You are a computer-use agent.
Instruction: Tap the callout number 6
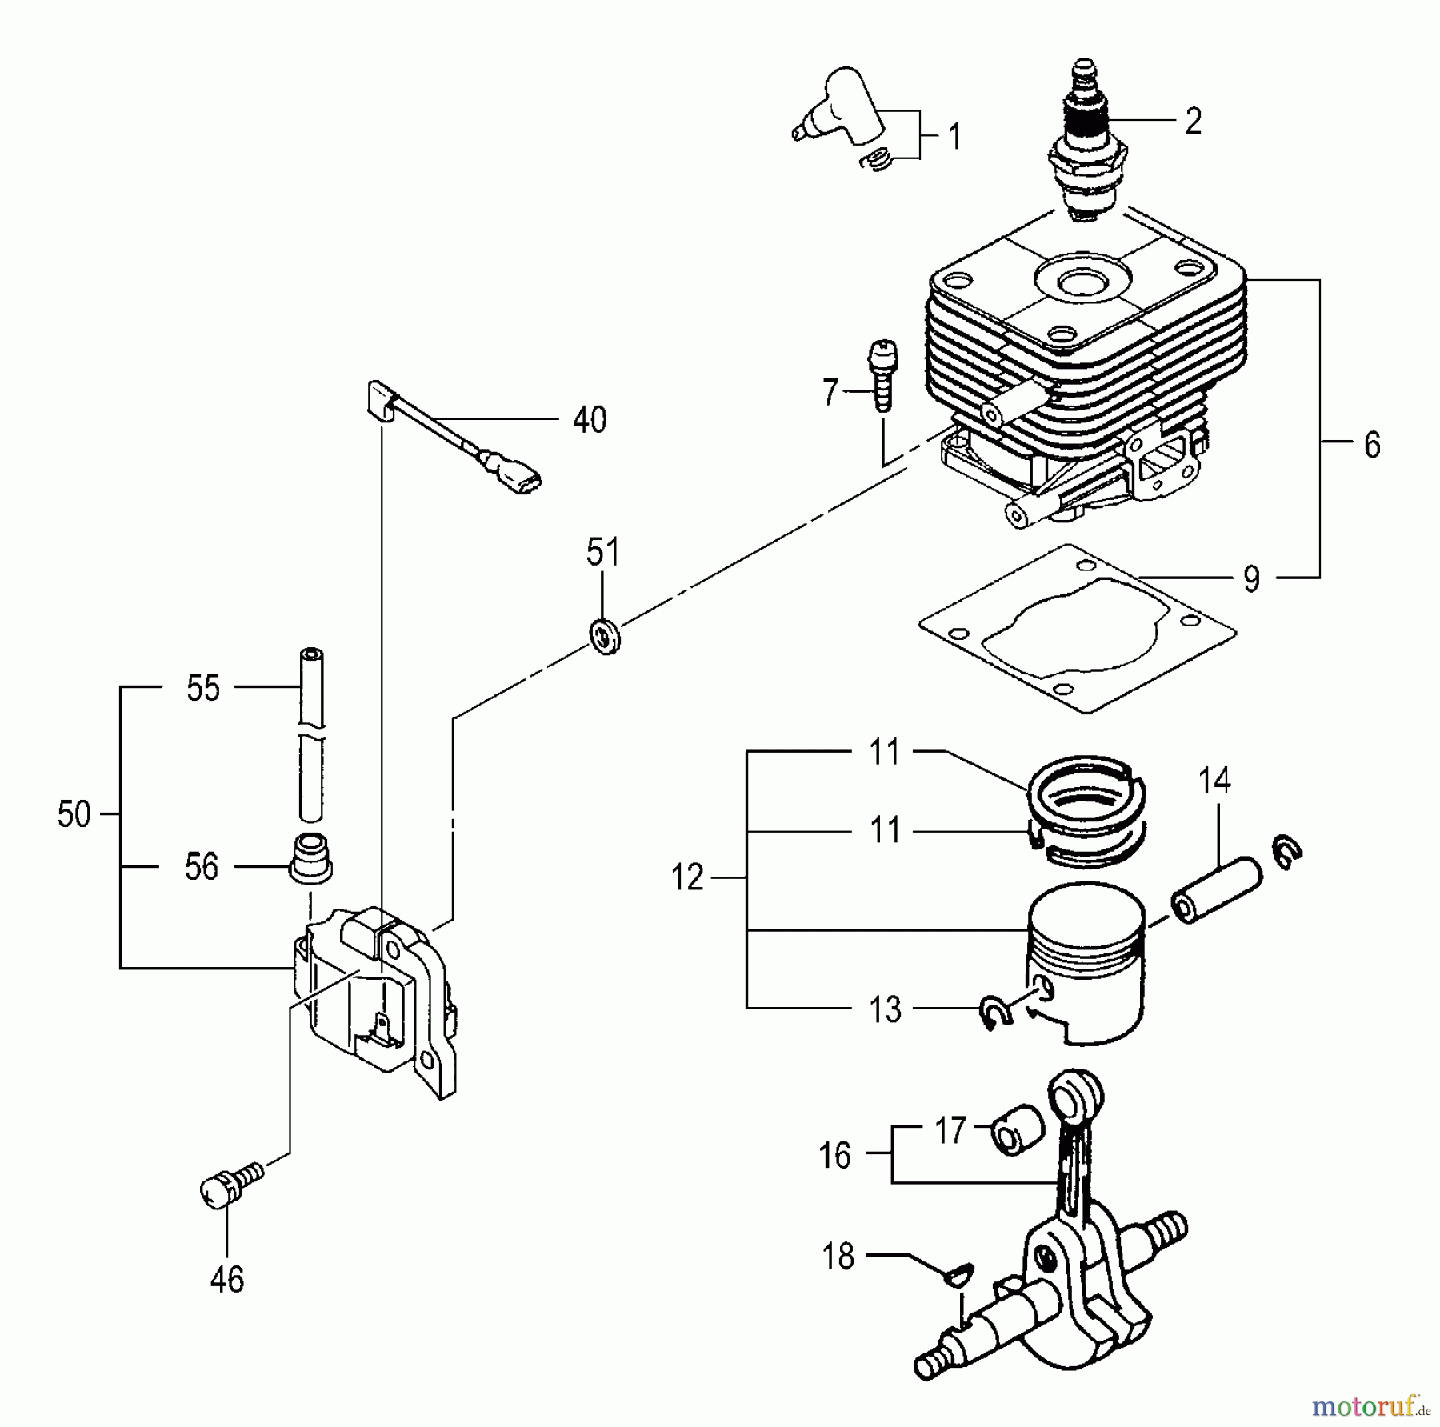click(x=1372, y=445)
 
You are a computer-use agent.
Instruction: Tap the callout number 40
click(x=590, y=420)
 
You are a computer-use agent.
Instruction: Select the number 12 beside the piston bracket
click(x=687, y=878)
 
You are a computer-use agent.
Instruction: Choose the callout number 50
click(x=74, y=815)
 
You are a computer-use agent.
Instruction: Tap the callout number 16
click(x=835, y=1156)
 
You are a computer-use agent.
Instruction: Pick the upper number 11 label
click(x=885, y=752)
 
